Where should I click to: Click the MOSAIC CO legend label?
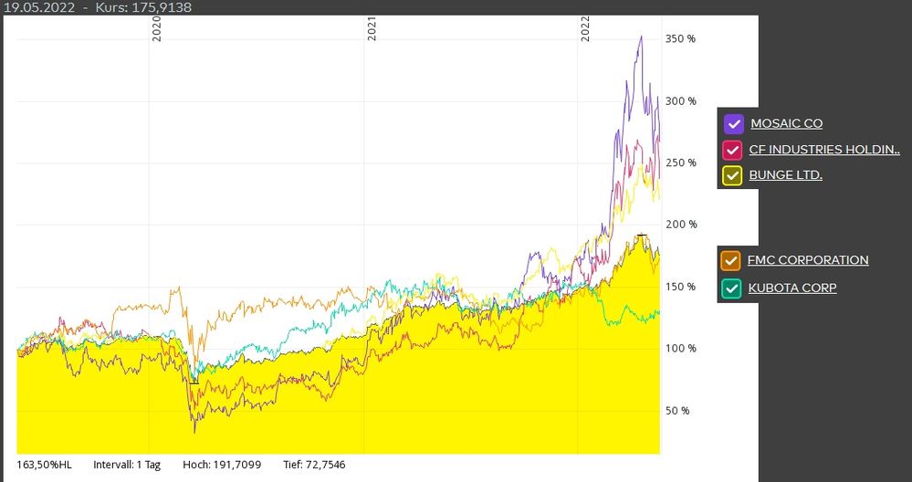click(786, 123)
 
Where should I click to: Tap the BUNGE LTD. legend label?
click(785, 174)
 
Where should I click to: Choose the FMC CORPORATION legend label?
click(808, 260)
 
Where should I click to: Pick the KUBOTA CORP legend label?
click(791, 288)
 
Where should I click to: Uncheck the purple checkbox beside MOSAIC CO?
click(733, 124)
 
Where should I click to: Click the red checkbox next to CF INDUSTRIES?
click(732, 150)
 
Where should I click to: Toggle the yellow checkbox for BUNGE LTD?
click(732, 175)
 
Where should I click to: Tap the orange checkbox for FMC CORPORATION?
click(730, 261)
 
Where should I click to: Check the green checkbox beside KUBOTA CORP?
click(730, 288)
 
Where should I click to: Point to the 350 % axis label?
click(680, 39)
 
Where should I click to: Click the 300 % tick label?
click(680, 100)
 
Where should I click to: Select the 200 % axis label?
click(680, 225)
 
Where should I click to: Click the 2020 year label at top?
click(156, 30)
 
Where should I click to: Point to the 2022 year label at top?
click(586, 30)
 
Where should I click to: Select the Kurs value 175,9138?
click(161, 7)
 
